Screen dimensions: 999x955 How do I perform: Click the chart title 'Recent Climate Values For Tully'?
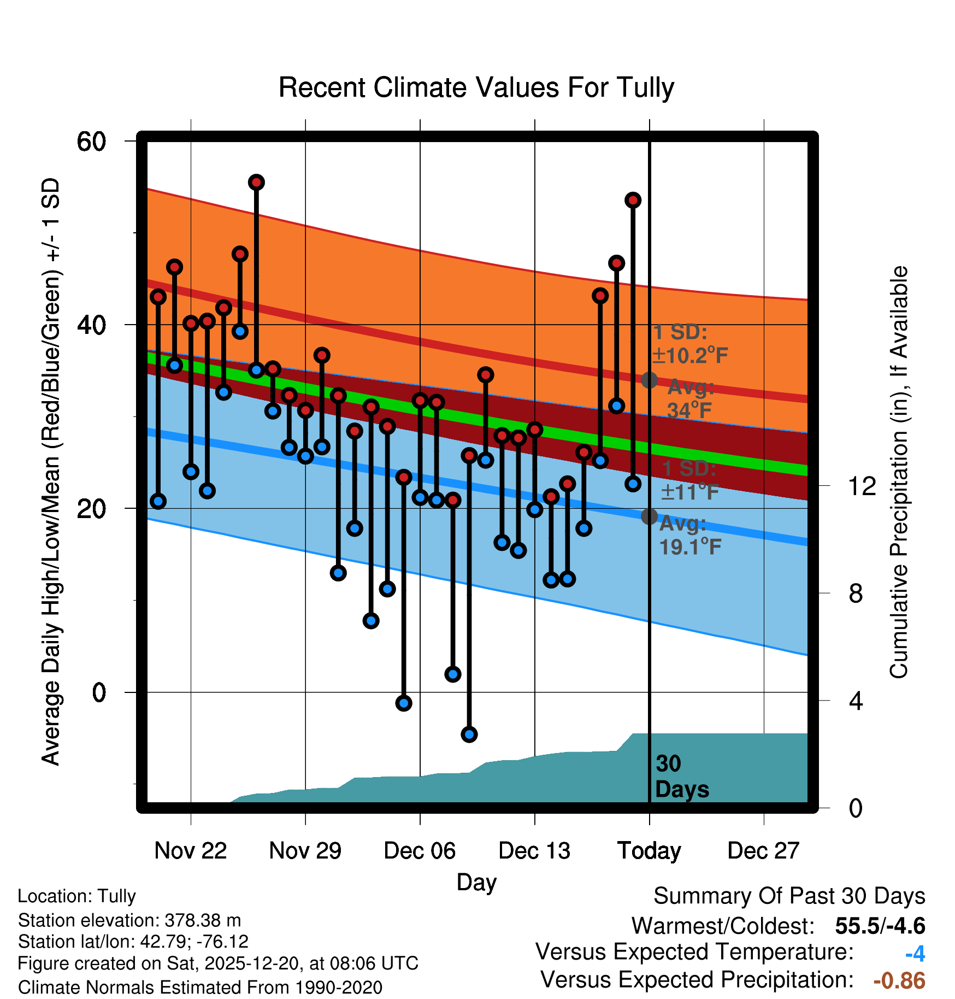pyautogui.click(x=476, y=87)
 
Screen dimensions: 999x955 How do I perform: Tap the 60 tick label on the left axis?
pyautogui.click(x=91, y=142)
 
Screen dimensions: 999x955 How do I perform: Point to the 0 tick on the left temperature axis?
pyautogui.click(x=99, y=692)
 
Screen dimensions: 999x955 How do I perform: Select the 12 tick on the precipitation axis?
pyautogui.click(x=862, y=486)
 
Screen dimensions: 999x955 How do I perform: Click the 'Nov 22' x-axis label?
pyautogui.click(x=190, y=851)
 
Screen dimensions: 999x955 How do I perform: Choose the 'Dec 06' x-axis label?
pyautogui.click(x=420, y=851)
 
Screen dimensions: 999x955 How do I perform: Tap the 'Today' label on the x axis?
pyautogui.click(x=649, y=851)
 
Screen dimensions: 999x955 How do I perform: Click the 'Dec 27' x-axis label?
pyautogui.click(x=763, y=851)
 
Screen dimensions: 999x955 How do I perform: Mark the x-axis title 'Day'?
pyautogui.click(x=476, y=882)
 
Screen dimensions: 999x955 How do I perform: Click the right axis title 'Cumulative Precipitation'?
pyautogui.click(x=899, y=472)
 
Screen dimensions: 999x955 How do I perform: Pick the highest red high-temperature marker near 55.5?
pyautogui.click(x=256, y=182)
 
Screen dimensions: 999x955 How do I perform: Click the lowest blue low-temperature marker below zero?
pyautogui.click(x=469, y=734)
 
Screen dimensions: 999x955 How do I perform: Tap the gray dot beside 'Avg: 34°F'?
pyautogui.click(x=649, y=380)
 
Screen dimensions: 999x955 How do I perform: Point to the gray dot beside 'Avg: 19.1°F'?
pyautogui.click(x=649, y=516)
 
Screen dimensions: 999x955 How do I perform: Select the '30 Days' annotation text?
pyautogui.click(x=681, y=777)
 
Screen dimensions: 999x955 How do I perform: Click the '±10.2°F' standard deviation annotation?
pyautogui.click(x=689, y=356)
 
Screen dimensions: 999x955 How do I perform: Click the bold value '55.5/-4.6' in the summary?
pyautogui.click(x=880, y=926)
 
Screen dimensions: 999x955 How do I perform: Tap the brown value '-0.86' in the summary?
pyautogui.click(x=899, y=981)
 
